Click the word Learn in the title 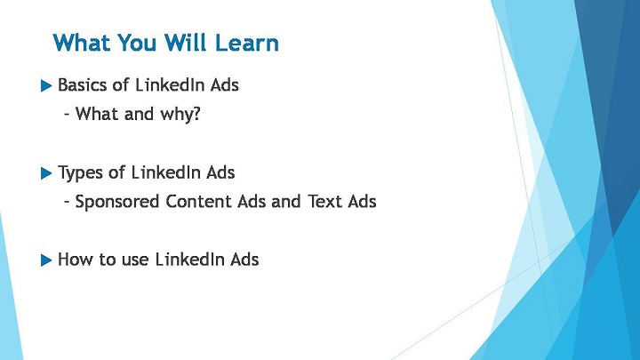tap(246, 43)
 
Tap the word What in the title tap(81, 43)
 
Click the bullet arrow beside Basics tap(46, 85)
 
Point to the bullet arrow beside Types tap(46, 173)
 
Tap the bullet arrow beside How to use tap(46, 260)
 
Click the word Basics tap(83, 85)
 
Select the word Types tap(80, 173)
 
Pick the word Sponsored tap(116, 202)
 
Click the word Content tap(199, 201)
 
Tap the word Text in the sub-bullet tap(324, 201)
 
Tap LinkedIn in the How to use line tap(190, 260)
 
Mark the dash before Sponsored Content tap(67, 202)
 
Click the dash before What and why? tap(67, 115)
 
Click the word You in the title tap(137, 43)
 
